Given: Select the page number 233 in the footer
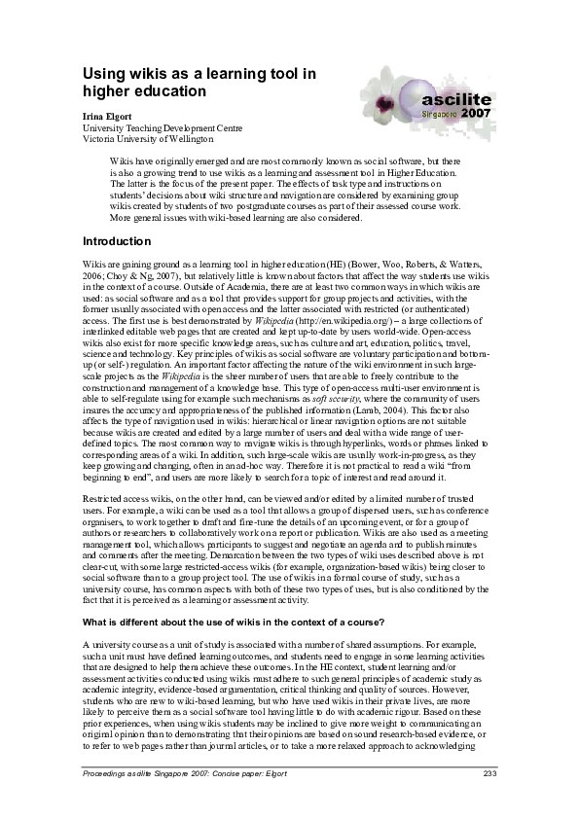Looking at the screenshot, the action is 489,774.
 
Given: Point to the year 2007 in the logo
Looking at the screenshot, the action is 477,113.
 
